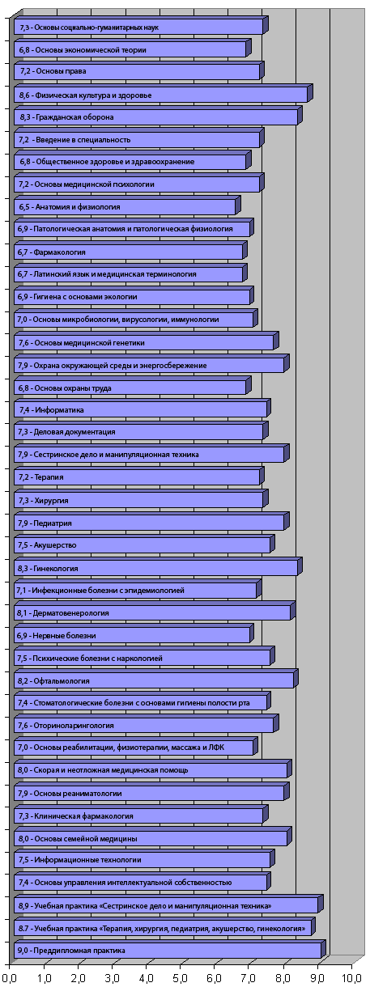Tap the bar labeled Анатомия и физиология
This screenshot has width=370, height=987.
coord(127,205)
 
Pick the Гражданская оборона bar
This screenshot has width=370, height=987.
coord(158,116)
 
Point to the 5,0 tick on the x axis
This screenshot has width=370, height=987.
coord(181,978)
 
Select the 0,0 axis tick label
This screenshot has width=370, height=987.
coord(9,978)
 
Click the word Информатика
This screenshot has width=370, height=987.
coord(59,410)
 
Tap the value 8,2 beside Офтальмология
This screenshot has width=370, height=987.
coord(23,680)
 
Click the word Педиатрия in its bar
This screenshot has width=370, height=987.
coord(53,523)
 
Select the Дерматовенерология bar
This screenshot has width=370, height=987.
coord(155,612)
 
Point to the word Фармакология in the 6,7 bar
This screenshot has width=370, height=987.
coord(60,252)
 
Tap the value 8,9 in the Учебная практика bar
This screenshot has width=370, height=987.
coord(23,906)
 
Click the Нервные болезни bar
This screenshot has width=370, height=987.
coord(134,634)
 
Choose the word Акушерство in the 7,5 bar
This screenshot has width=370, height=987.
coord(55,545)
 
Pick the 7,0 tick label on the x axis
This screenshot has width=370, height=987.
coord(249,978)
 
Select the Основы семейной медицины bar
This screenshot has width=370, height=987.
coord(152,837)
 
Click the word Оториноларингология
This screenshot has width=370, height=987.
coord(74,725)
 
